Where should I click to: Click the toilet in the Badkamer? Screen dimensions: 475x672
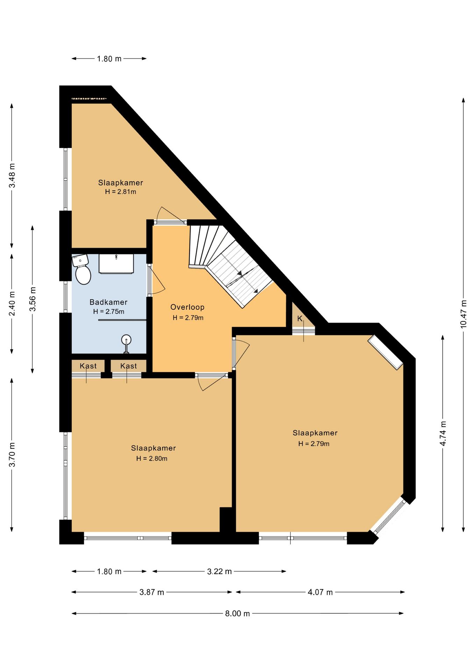click(x=82, y=269)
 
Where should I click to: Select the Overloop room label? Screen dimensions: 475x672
click(x=187, y=307)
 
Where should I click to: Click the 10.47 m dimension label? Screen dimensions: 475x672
click(x=463, y=314)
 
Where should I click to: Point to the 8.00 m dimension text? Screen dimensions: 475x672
click(x=237, y=614)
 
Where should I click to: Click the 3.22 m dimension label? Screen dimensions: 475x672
click(x=219, y=572)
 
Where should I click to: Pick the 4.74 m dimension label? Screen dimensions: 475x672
click(x=443, y=433)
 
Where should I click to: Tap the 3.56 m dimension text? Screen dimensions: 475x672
click(x=33, y=299)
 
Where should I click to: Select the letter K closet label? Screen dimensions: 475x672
click(x=300, y=319)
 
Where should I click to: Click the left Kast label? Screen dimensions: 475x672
click(x=88, y=366)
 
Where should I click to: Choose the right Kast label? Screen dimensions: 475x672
click(x=129, y=366)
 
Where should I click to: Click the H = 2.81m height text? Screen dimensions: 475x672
click(x=121, y=192)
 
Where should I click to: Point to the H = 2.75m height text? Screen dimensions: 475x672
click(x=109, y=311)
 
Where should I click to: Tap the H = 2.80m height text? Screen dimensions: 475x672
click(x=152, y=458)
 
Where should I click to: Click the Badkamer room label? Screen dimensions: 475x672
click(x=108, y=302)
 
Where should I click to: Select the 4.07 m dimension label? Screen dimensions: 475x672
click(x=320, y=592)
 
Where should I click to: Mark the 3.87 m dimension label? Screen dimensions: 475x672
click(x=152, y=592)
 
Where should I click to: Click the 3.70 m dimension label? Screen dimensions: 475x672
click(x=12, y=454)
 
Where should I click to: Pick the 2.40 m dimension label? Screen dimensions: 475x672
click(x=12, y=303)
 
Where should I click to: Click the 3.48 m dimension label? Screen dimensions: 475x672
click(x=12, y=175)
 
